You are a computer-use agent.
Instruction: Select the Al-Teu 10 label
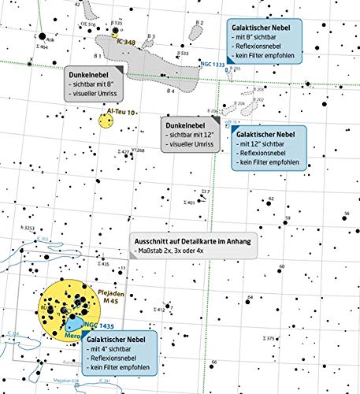point(123,113)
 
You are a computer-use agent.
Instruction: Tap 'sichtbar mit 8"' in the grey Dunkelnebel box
point(98,83)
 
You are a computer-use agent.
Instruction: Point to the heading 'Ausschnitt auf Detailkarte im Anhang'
point(194,241)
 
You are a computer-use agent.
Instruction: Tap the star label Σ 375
point(269,338)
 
